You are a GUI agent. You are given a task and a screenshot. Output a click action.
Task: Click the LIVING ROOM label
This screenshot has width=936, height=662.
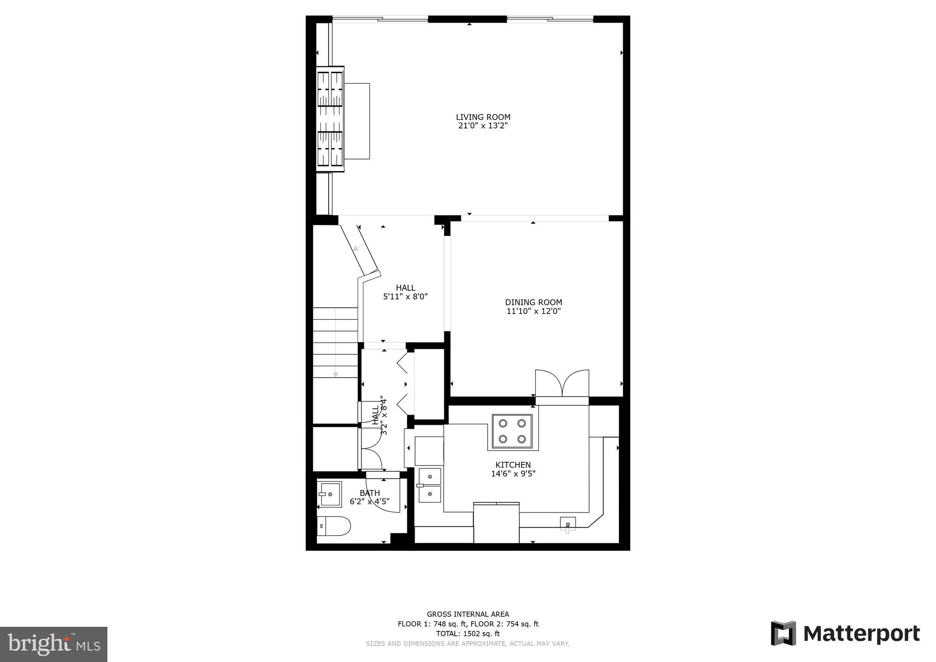(483, 117)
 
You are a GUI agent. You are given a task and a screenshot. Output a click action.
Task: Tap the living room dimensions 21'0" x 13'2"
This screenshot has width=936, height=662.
(483, 126)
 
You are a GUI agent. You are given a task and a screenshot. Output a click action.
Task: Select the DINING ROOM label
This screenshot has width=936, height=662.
(533, 302)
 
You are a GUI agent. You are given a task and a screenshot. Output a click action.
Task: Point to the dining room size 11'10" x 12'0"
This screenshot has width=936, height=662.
(533, 311)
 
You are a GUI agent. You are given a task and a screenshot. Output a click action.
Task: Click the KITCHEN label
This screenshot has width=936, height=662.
(513, 465)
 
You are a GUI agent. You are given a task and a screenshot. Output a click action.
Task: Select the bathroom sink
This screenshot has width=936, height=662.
(330, 494)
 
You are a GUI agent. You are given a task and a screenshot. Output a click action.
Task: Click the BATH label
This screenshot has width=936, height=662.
(369, 493)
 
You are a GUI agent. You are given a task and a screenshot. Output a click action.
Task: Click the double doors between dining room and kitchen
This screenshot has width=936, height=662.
(562, 384)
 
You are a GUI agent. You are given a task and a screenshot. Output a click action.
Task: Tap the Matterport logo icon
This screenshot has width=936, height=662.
(783, 633)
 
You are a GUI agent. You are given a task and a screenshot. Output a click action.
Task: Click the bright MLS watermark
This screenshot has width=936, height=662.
(53, 644)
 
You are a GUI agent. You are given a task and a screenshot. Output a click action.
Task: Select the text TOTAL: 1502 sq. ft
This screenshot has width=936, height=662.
(468, 634)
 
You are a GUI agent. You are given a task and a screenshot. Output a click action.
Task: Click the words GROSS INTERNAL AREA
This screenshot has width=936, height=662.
(468, 614)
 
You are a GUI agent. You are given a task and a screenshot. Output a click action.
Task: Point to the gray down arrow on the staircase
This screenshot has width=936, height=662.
(335, 374)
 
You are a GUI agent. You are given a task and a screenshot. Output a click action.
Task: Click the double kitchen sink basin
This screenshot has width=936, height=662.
(430, 485)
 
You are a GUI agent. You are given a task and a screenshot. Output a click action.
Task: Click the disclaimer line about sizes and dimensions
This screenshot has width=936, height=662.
(468, 644)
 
